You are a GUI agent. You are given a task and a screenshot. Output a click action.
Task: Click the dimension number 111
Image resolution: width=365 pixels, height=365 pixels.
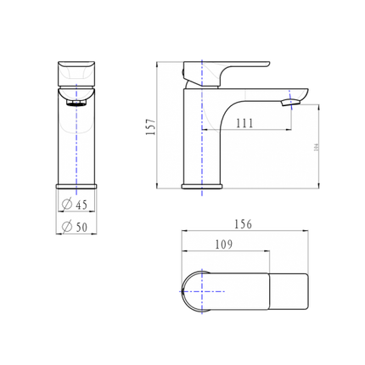click(x=244, y=124)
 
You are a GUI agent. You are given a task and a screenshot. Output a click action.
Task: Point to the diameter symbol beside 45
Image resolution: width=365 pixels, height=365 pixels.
click(x=67, y=203)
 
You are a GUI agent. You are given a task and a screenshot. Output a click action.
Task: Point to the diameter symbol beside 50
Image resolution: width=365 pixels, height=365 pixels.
click(x=67, y=226)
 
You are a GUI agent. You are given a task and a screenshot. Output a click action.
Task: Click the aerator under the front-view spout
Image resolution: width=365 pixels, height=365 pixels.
click(x=76, y=104)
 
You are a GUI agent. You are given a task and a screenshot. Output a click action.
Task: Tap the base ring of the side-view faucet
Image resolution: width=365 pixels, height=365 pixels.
click(x=204, y=186)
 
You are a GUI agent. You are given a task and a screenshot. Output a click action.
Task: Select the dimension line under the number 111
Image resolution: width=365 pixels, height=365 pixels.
click(x=246, y=132)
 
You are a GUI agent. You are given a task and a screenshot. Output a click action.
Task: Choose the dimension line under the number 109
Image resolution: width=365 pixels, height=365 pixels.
click(x=225, y=252)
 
